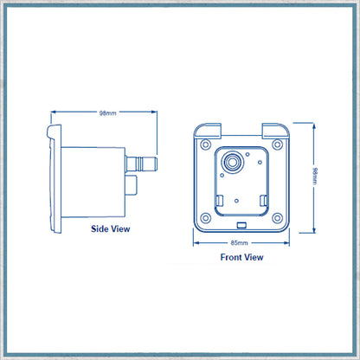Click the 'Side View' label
(x=111, y=228)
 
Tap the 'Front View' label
(x=241, y=257)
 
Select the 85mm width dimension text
(x=239, y=243)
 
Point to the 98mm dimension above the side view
(x=108, y=113)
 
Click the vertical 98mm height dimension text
(x=315, y=176)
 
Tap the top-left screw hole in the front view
(x=205, y=144)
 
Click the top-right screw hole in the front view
(x=278, y=144)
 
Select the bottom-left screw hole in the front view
(x=205, y=218)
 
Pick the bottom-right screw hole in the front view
(x=278, y=218)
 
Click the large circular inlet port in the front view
(x=232, y=161)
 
